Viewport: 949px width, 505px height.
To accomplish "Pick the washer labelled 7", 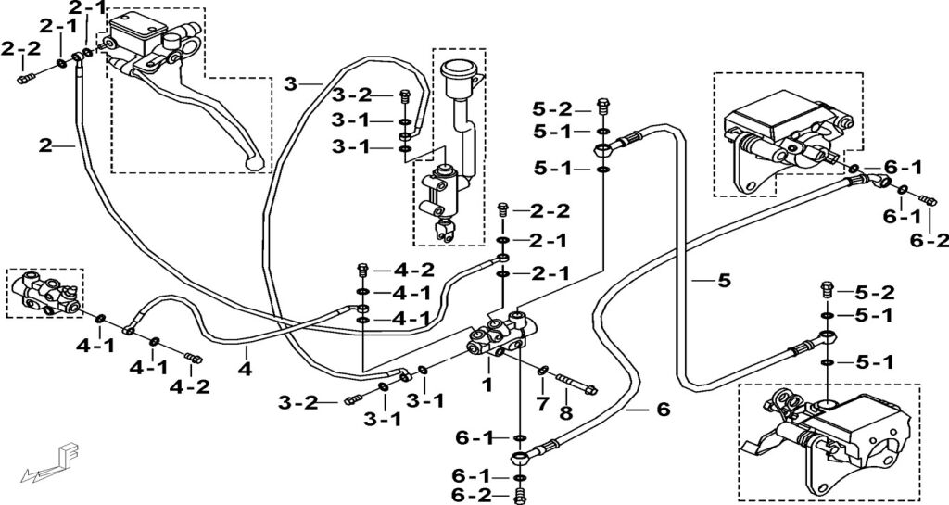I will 542,372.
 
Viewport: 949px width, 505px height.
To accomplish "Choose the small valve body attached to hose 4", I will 44,292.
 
